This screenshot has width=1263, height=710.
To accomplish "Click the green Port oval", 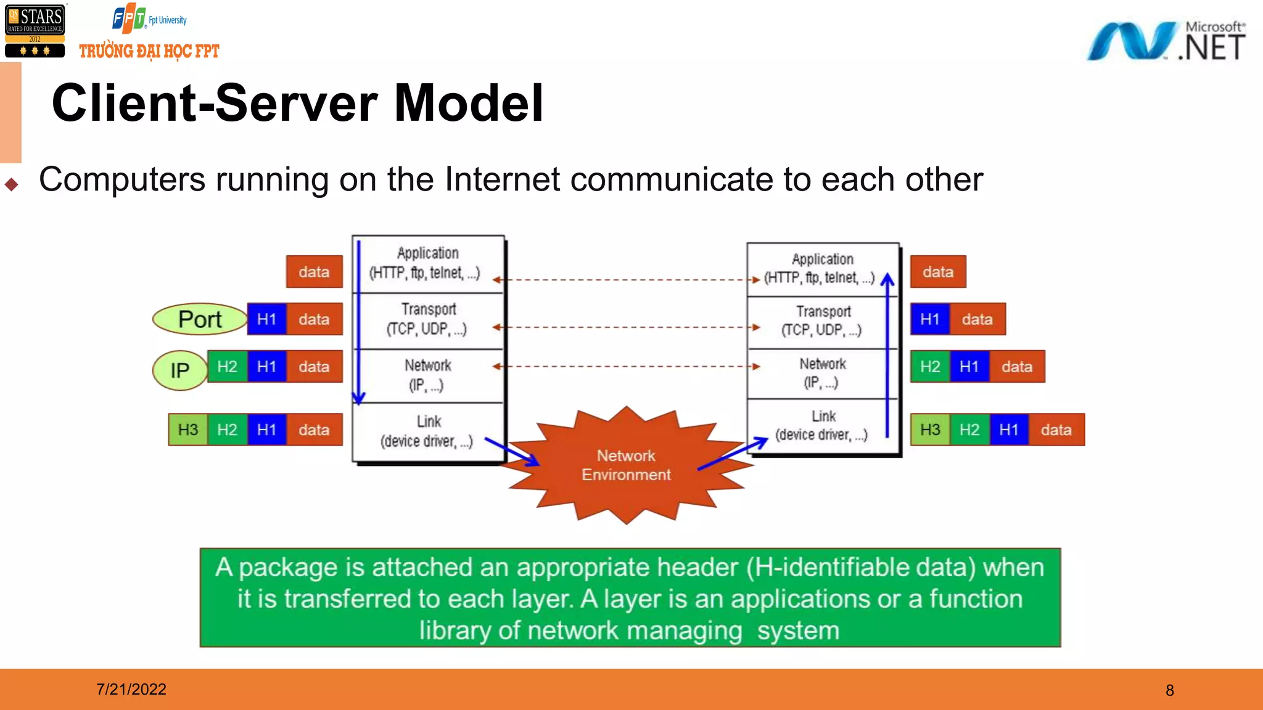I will [199, 319].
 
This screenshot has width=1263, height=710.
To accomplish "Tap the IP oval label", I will [179, 370].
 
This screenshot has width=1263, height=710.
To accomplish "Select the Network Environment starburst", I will [626, 465].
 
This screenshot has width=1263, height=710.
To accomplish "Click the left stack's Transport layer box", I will [429, 320].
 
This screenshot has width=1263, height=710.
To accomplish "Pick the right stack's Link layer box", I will [823, 426].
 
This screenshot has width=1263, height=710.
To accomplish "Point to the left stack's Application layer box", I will [429, 264].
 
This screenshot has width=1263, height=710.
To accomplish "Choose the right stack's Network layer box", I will [823, 373].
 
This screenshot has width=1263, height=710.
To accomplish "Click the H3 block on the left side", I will [188, 430].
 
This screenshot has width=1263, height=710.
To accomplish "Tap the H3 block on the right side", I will [930, 430].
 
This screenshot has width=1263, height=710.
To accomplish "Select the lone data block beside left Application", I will [314, 272].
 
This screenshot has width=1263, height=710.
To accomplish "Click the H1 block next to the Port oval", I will [266, 319].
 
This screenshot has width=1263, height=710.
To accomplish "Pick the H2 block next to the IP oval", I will [227, 367].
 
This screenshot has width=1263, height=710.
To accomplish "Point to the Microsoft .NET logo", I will [1166, 41].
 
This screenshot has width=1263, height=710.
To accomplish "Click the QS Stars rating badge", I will [35, 31].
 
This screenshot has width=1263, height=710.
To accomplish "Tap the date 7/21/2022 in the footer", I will [131, 689].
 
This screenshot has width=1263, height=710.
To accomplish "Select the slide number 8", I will [1170, 690].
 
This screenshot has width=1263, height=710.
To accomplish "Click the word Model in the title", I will [469, 103].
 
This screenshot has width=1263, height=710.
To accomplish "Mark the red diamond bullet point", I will [11, 184].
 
